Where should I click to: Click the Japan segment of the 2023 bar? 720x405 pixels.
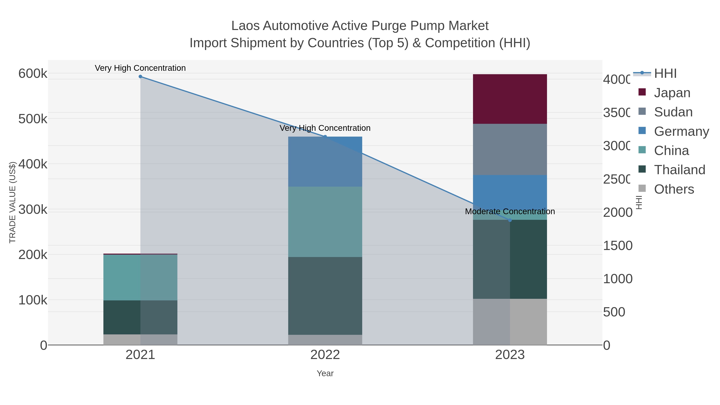pyautogui.click(x=510, y=99)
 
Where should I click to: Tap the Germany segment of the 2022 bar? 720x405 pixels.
pyautogui.click(x=325, y=162)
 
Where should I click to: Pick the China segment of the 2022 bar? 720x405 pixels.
pyautogui.click(x=325, y=222)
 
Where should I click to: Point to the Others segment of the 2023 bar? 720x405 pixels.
pyautogui.click(x=510, y=322)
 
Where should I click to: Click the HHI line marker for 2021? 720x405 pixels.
pyautogui.click(x=140, y=77)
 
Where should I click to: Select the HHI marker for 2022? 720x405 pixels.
pyautogui.click(x=325, y=137)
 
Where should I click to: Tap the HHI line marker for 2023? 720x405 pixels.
pyautogui.click(x=510, y=220)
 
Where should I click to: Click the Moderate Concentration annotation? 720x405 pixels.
pyautogui.click(x=510, y=211)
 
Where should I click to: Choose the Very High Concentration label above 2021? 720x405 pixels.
pyautogui.click(x=140, y=68)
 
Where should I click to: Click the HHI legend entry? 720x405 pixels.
pyautogui.click(x=665, y=74)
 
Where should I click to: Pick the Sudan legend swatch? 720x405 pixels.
pyautogui.click(x=642, y=112)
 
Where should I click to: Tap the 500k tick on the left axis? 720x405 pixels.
pyautogui.click(x=33, y=119)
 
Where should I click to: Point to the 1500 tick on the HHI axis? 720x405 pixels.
pyautogui.click(x=617, y=246)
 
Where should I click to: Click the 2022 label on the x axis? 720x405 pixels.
pyautogui.click(x=325, y=355)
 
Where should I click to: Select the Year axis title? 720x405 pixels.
pyautogui.click(x=325, y=373)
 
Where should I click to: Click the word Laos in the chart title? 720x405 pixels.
pyautogui.click(x=245, y=26)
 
